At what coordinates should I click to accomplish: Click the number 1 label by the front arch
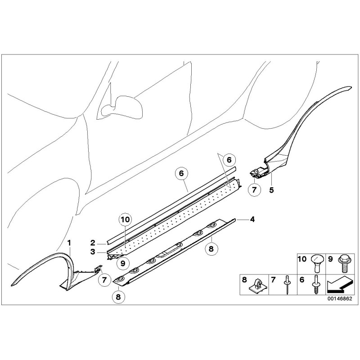tap(69, 243)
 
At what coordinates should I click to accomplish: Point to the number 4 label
tap(252, 219)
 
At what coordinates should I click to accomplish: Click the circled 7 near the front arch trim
tap(104, 280)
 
